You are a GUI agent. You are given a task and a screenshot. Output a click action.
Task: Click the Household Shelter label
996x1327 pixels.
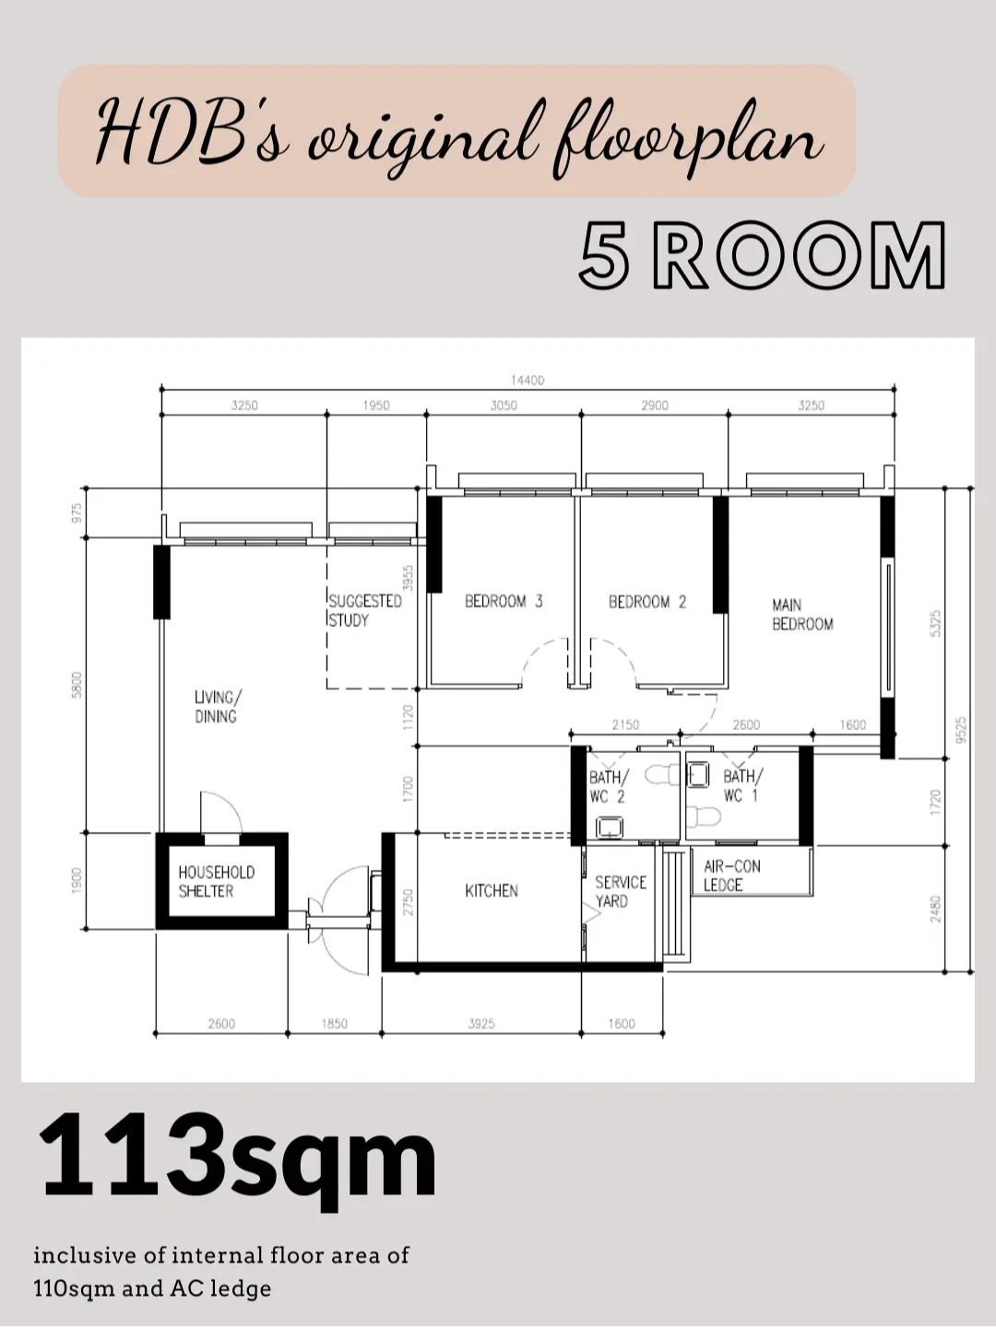216,882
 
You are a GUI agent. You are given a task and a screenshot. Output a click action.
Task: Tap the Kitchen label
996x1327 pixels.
491,891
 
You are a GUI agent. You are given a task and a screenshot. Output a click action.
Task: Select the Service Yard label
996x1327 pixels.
620,892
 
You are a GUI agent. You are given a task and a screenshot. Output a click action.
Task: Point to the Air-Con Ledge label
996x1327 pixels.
731,875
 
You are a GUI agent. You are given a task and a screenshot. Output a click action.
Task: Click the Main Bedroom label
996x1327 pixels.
801,615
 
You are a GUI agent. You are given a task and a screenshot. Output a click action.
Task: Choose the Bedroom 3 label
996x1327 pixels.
504,602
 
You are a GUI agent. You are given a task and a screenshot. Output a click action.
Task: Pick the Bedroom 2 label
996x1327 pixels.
646,602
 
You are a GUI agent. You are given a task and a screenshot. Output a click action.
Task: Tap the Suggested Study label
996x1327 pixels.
365,610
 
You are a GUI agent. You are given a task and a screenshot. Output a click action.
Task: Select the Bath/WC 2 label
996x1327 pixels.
608,786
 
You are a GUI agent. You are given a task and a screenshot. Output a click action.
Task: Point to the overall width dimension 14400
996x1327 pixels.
527,380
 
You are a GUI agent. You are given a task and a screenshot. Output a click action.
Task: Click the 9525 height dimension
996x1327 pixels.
961,729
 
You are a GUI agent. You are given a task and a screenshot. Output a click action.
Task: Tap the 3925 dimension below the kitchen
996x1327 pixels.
480,1024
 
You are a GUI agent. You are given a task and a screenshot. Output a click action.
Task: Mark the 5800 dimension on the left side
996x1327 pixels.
77,685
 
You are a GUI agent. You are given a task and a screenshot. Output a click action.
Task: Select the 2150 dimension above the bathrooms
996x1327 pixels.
624,725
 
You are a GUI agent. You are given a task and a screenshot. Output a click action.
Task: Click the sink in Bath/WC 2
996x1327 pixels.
609,828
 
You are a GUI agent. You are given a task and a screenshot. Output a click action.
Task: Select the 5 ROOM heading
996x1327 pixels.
762,255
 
